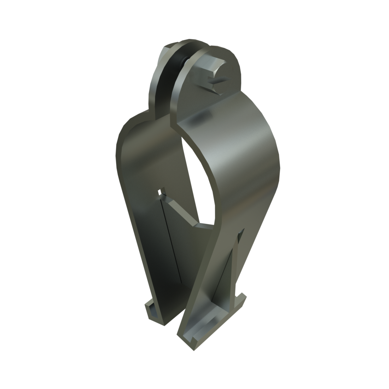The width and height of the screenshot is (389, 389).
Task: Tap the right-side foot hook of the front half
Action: pos(240,301)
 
